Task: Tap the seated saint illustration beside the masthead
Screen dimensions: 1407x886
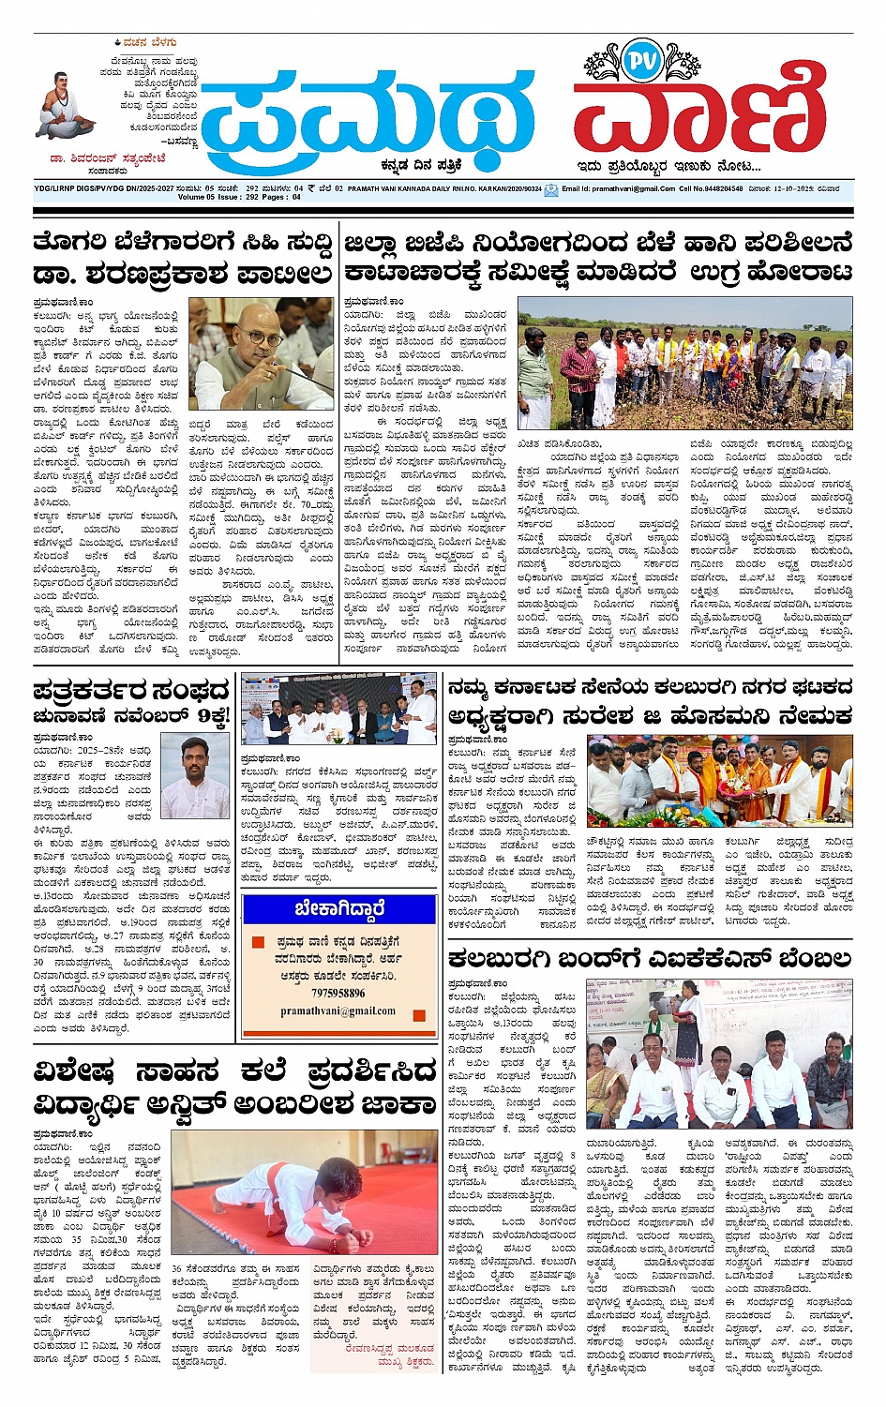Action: [x=66, y=105]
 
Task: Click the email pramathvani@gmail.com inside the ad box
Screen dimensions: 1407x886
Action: [x=338, y=1010]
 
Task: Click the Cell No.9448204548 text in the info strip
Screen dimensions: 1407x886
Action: [x=711, y=188]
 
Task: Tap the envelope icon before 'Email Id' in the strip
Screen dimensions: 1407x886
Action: [x=551, y=189]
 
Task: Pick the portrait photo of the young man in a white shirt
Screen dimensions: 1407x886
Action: [x=194, y=776]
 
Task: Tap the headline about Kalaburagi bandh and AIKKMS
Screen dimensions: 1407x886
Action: [x=649, y=958]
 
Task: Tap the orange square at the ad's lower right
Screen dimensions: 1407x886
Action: [x=418, y=1014]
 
